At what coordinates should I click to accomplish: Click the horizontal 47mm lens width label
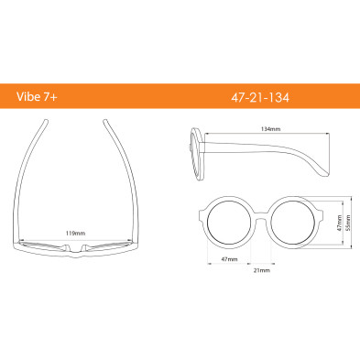point(230,259)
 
